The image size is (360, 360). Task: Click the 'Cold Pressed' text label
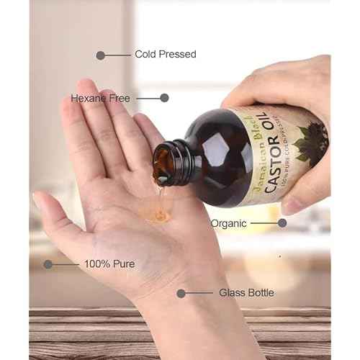[x=166, y=54]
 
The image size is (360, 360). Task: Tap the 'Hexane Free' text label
[x=100, y=98]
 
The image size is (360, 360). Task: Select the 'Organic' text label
[x=229, y=223]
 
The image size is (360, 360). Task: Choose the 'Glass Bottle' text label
[x=225, y=293]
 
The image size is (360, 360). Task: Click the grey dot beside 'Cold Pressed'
[x=101, y=55]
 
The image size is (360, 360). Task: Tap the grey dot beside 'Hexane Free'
[x=164, y=98]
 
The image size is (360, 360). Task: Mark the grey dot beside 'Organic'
[x=282, y=223]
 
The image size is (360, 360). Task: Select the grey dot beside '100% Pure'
[x=48, y=264]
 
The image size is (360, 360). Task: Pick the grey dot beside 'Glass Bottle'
[x=181, y=293]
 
